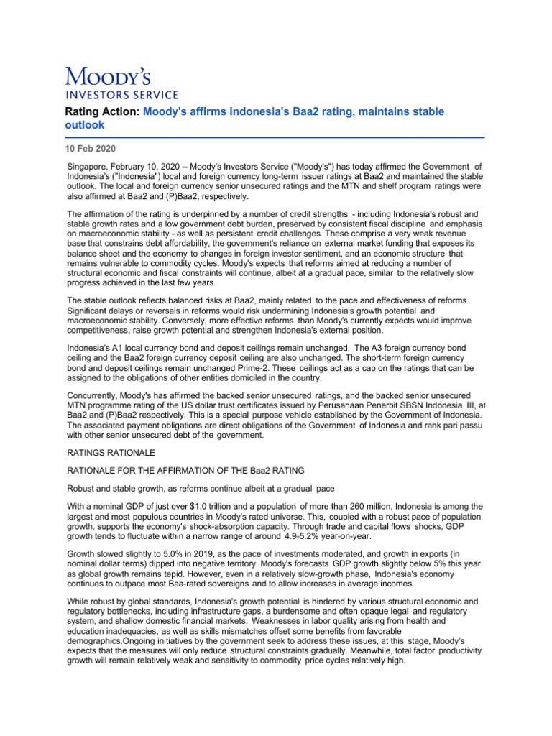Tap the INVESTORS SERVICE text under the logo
122,93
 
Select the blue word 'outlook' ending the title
85,124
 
